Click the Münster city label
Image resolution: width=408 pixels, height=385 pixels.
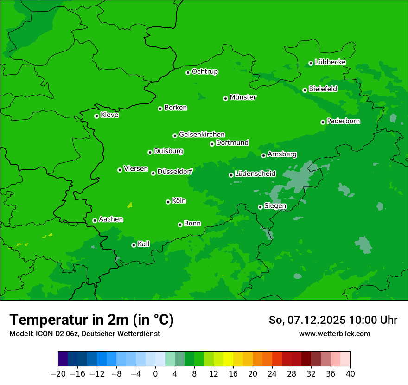pyautogui.click(x=243, y=97)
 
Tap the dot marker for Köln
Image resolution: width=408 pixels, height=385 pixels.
pyautogui.click(x=168, y=202)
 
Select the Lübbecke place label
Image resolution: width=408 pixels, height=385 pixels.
pyautogui.click(x=330, y=62)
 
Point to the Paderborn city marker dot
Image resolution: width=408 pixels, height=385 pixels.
pyautogui.click(x=323, y=122)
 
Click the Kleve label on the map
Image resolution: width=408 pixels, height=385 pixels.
pyautogui.click(x=109, y=115)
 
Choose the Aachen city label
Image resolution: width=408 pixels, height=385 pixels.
pyautogui.click(x=111, y=219)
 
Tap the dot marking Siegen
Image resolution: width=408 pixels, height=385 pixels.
pyautogui.click(x=260, y=207)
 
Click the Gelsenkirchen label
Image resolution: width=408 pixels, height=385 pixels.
pyautogui.click(x=202, y=135)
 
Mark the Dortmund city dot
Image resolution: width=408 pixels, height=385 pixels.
pyautogui.click(x=212, y=144)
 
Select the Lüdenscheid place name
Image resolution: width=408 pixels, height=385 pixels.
pyautogui.click(x=255, y=174)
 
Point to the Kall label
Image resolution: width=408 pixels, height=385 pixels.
pyautogui.click(x=144, y=244)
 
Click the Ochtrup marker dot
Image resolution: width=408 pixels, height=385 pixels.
pyautogui.click(x=188, y=72)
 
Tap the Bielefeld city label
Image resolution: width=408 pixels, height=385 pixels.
pyautogui.click(x=323, y=89)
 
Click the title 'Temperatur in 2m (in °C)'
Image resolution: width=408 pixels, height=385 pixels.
pyautogui.click(x=91, y=320)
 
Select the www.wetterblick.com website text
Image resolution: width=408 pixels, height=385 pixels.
pyautogui.click(x=334, y=334)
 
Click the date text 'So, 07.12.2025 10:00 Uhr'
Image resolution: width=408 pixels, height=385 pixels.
pyautogui.click(x=333, y=320)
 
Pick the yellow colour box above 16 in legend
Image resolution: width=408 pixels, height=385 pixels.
pyautogui.click(x=228, y=359)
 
